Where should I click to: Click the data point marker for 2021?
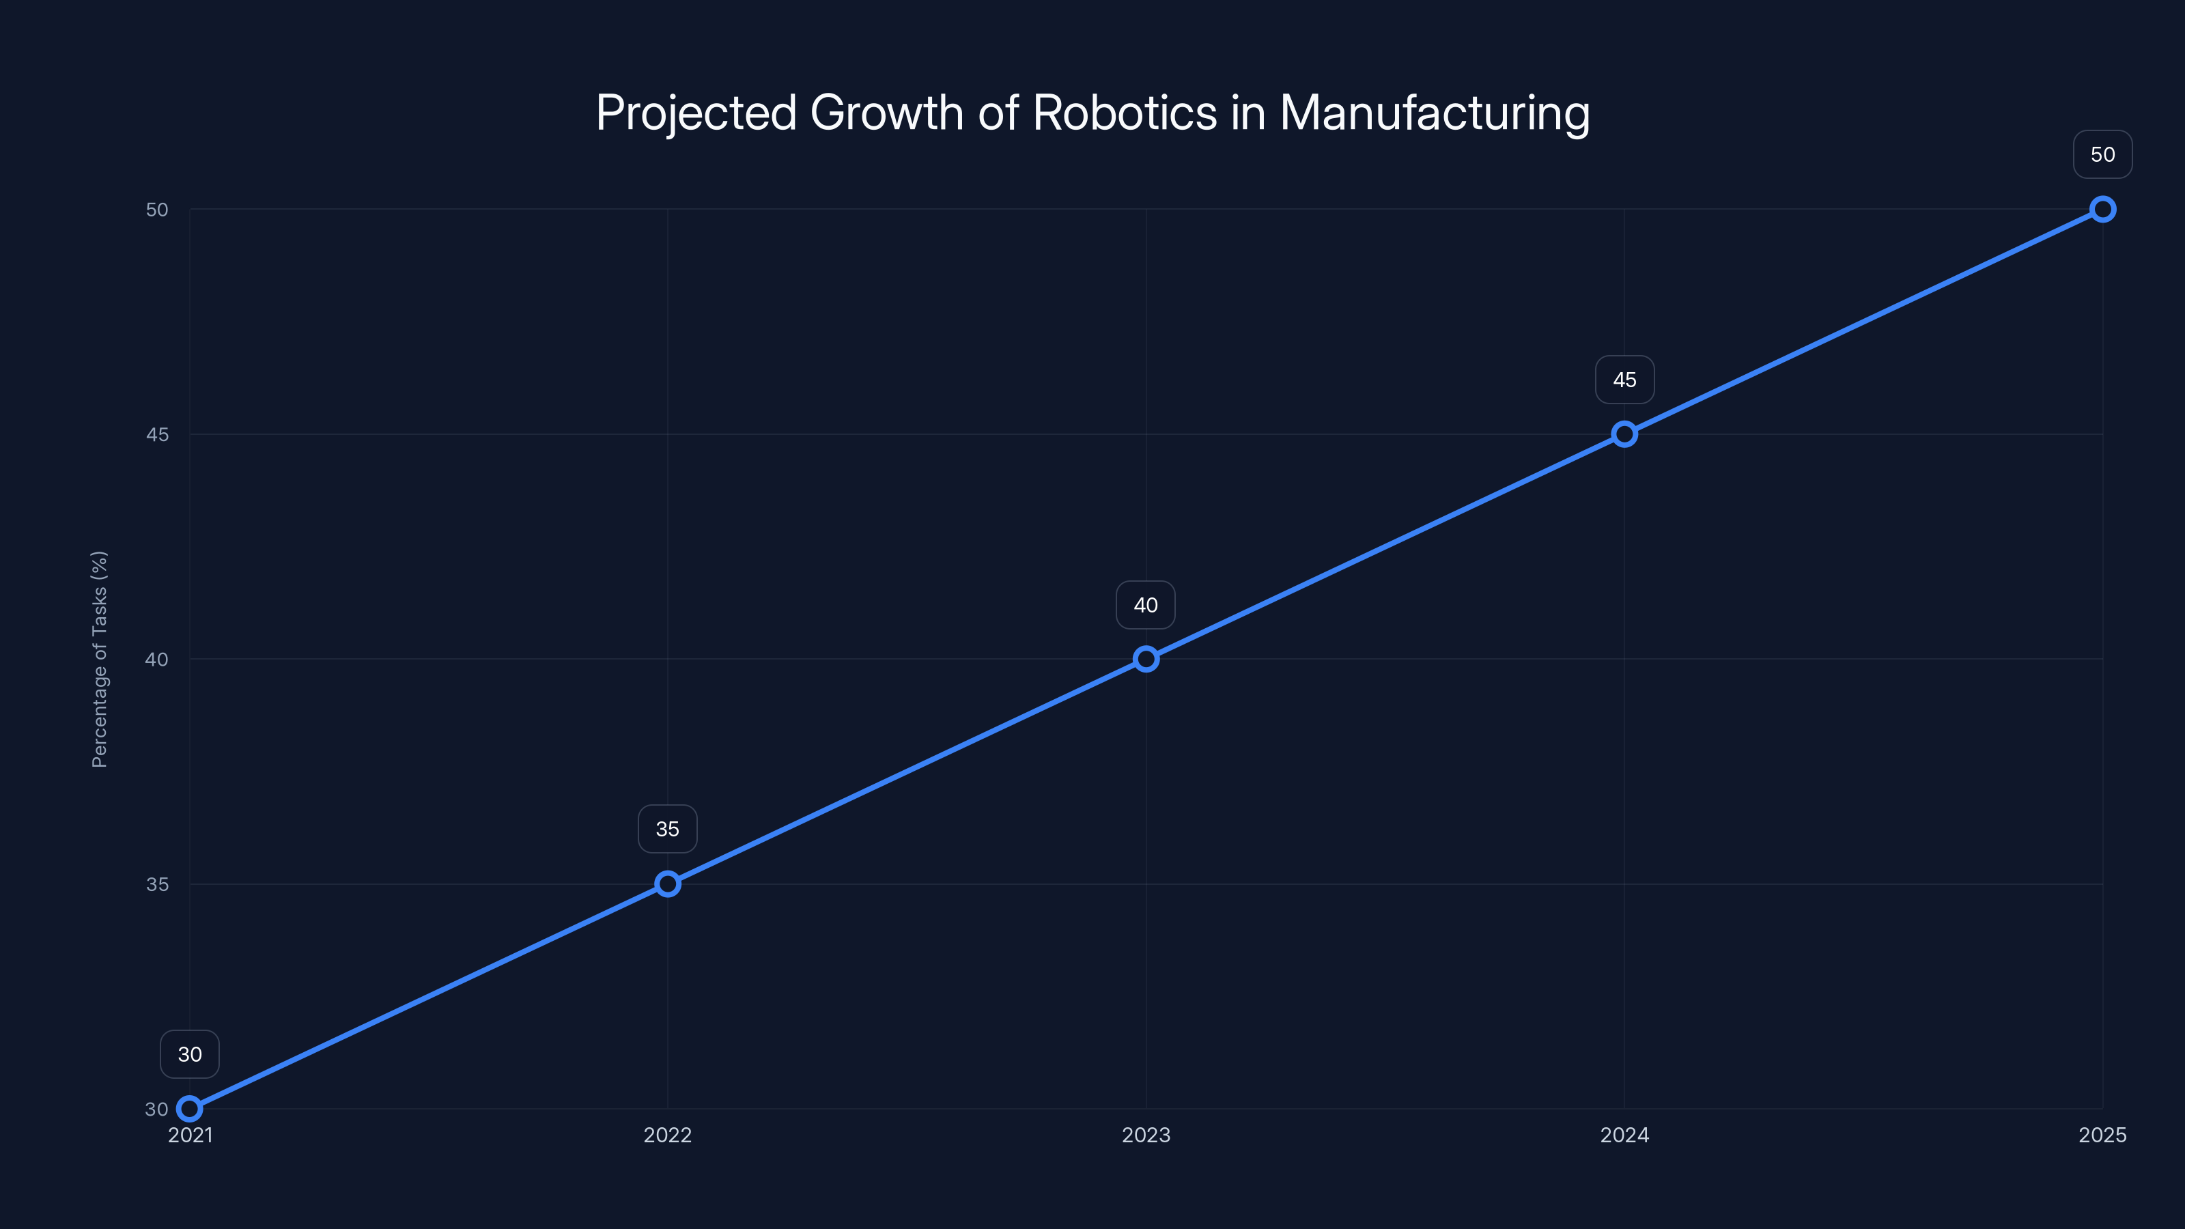click(x=189, y=1109)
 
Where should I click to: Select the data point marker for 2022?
click(x=668, y=884)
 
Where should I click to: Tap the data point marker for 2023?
click(x=1146, y=659)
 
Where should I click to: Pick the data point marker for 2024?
click(x=1624, y=434)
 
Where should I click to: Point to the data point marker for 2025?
click(x=2103, y=210)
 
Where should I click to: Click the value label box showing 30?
click(x=190, y=1054)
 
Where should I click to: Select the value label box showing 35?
click(x=668, y=829)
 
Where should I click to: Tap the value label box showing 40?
click(x=1146, y=605)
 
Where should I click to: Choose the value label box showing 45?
click(x=1624, y=380)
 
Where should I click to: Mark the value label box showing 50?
click(x=2103, y=154)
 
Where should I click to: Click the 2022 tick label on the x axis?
click(x=668, y=1135)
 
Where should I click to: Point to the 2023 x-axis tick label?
click(x=1146, y=1135)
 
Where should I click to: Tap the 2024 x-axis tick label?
click(x=1624, y=1135)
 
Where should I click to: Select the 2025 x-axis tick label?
click(x=2103, y=1135)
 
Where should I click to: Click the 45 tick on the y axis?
click(x=157, y=434)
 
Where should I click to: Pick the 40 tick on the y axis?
click(x=157, y=659)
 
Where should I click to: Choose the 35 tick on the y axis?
click(x=157, y=884)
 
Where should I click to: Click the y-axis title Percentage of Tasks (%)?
click(x=99, y=659)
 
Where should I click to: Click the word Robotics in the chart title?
click(x=1125, y=112)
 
